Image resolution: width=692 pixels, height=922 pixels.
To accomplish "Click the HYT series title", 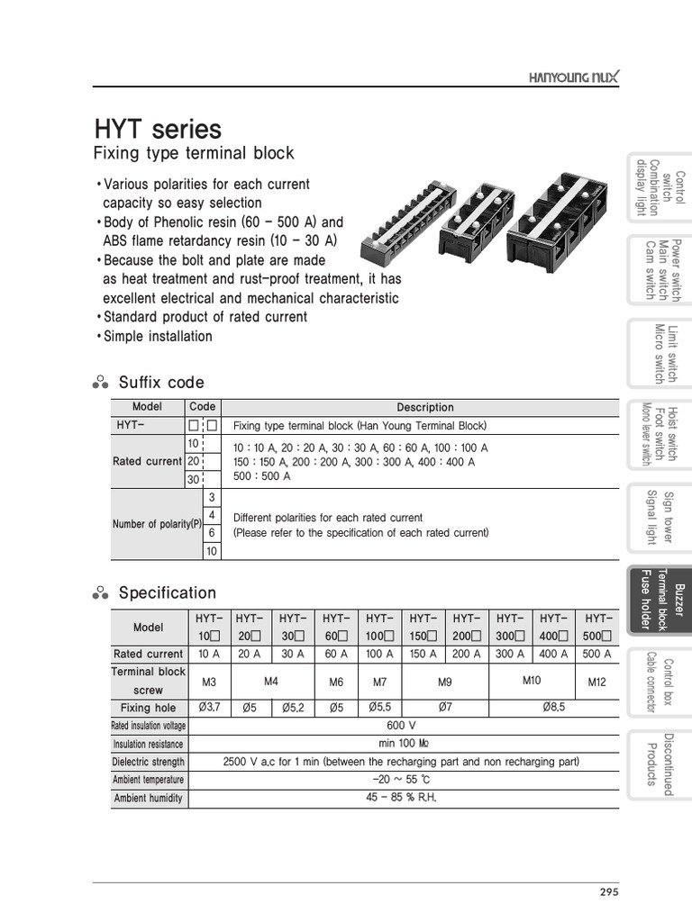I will click(158, 129).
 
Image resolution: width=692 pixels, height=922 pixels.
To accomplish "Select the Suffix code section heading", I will click(160, 383).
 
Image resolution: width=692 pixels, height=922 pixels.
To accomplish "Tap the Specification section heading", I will click(167, 593).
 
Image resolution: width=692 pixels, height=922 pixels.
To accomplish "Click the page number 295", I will click(608, 892).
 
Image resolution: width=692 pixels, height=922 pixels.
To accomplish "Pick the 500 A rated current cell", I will click(597, 655).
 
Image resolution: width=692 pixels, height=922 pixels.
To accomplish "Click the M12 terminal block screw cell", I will click(597, 682).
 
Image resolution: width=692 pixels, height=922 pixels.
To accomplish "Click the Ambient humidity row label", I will click(148, 798).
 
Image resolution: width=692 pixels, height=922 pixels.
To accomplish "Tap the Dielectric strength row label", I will click(148, 762).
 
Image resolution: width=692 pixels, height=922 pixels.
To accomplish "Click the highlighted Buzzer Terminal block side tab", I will click(660, 600).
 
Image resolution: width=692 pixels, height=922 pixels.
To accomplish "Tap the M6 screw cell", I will click(336, 682).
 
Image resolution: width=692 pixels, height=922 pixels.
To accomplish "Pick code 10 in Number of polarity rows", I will click(212, 551).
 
